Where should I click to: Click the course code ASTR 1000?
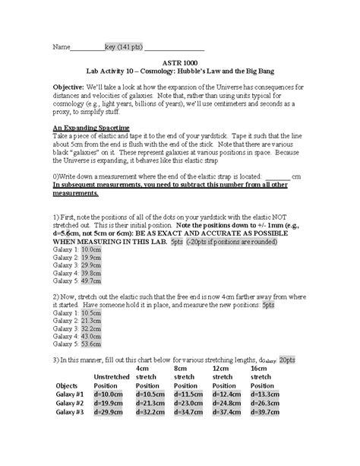(180, 65)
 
